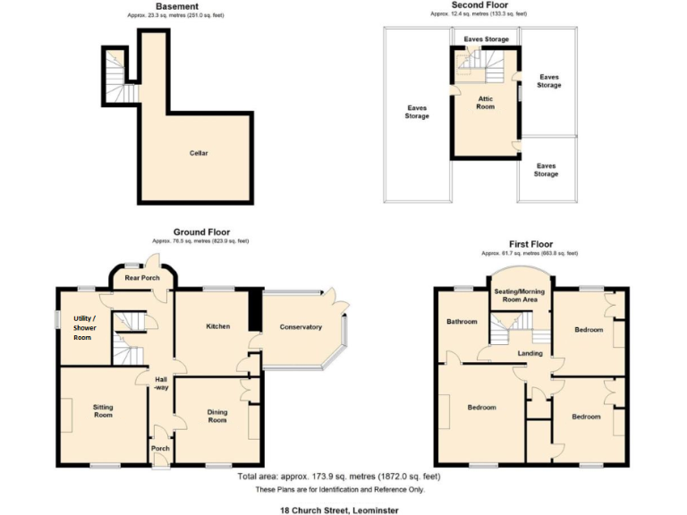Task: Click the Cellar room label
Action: (199, 153)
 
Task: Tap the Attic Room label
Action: (485, 103)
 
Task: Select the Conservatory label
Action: (301, 327)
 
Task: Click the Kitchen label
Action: (217, 326)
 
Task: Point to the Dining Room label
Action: (217, 416)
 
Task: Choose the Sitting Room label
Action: (103, 411)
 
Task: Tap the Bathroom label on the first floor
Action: (462, 322)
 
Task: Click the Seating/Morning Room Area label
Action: (520, 296)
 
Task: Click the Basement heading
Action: (177, 6)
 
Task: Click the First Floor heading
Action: (530, 244)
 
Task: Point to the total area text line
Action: (339, 477)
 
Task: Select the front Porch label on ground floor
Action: (160, 449)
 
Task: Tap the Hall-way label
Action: (160, 384)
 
